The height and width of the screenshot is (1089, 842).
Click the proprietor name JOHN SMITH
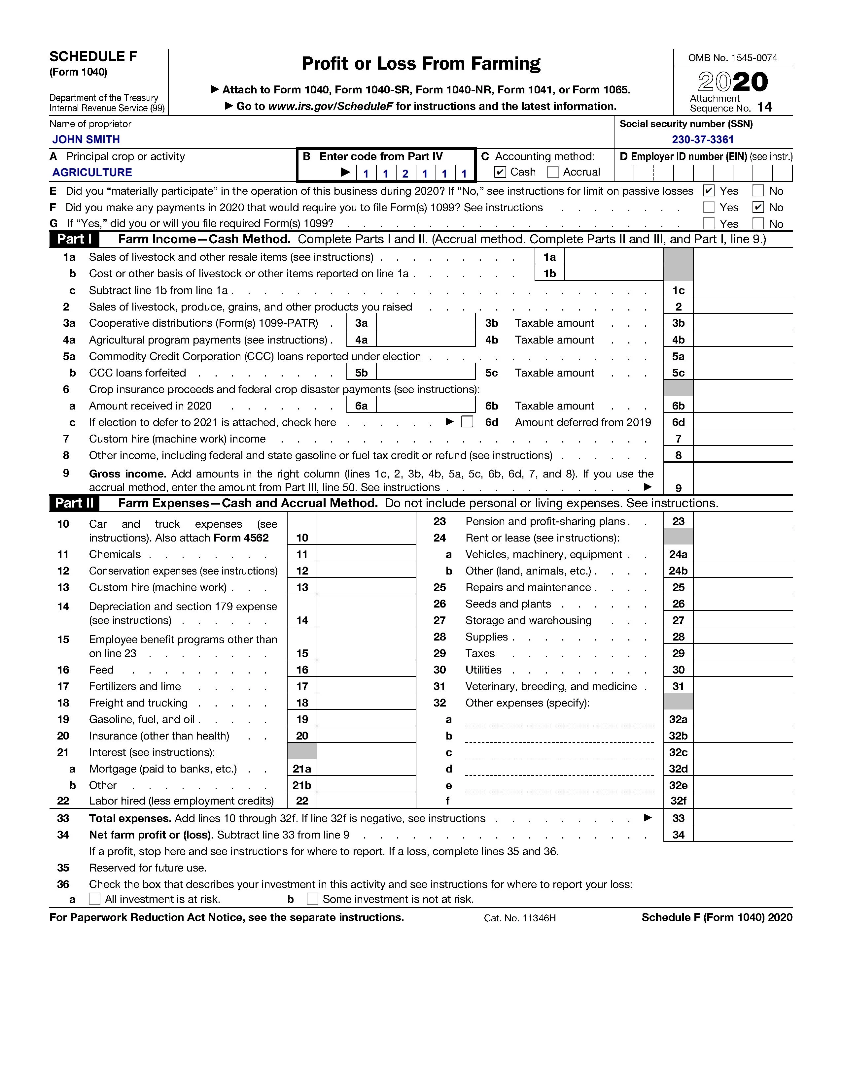86,140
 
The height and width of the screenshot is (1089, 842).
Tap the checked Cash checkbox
500,172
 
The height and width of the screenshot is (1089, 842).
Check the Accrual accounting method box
553,172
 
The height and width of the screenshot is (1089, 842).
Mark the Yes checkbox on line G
708,223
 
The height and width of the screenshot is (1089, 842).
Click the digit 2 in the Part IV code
405,174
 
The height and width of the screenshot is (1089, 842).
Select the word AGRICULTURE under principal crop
92,173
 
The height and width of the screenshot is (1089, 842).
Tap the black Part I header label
74,239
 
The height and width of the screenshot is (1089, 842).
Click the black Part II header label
74,503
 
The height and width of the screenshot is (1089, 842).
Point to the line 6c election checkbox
467,422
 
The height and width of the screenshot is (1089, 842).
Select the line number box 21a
302,769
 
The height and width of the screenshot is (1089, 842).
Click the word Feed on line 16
101,670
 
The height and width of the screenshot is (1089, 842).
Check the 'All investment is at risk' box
94,899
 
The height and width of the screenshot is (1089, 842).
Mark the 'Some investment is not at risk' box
312,899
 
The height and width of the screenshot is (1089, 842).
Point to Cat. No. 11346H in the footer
519,918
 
